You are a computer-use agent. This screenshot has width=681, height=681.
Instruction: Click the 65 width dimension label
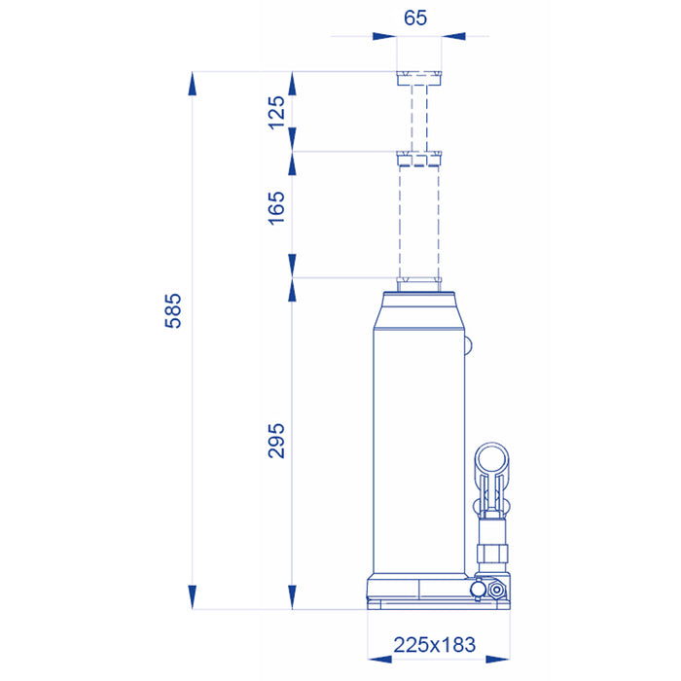pos(415,18)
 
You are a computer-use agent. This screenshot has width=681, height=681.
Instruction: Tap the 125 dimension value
pos(276,113)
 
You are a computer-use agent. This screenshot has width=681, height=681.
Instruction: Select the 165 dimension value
pos(276,208)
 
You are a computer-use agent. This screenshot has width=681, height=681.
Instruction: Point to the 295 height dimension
pos(276,441)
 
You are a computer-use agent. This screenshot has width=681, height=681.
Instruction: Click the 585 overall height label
pos(173,311)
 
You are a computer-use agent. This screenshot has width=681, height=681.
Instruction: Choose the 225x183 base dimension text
pos(435,645)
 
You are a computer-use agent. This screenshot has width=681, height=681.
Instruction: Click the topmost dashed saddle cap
pos(418,78)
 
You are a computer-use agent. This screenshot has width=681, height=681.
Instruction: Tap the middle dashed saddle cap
pos(418,159)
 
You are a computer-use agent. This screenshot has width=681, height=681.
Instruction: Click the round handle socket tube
pos(491,459)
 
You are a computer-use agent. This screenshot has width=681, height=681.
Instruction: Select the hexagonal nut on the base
pos(496,590)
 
